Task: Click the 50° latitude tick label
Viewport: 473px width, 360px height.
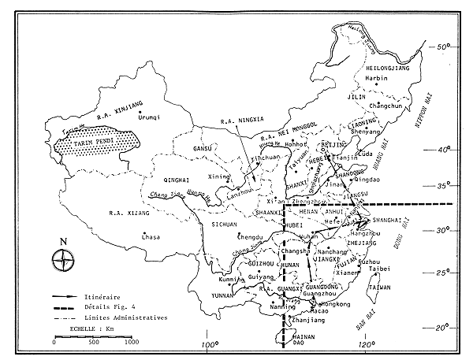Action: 446,47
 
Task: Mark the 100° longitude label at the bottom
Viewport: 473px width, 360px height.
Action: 209,345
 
